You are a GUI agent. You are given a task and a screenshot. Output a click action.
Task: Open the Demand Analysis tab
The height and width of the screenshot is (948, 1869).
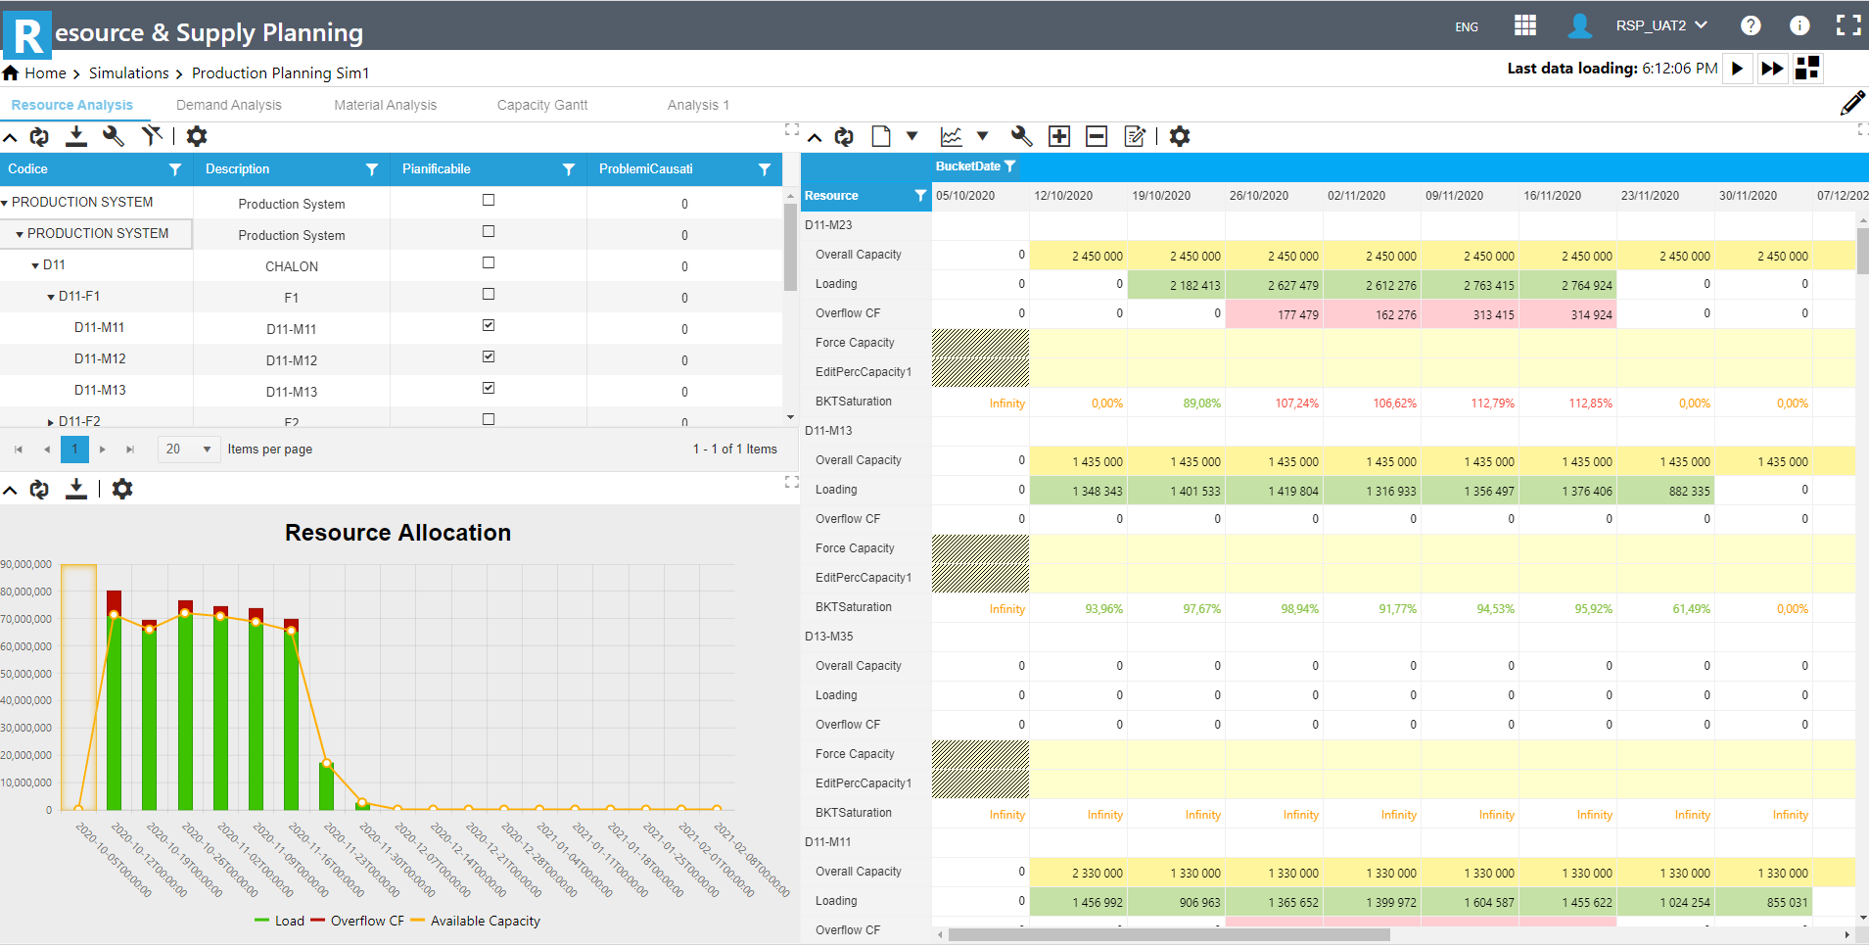tap(228, 105)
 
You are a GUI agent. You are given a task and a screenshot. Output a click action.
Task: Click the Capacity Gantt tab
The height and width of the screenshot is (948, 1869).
tap(541, 105)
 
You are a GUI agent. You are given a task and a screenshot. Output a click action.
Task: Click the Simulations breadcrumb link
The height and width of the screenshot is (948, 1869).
tap(128, 73)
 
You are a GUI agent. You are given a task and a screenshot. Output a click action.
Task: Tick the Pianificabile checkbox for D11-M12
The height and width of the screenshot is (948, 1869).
tap(489, 356)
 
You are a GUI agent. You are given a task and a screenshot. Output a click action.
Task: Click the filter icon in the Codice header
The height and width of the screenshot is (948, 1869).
tap(175, 169)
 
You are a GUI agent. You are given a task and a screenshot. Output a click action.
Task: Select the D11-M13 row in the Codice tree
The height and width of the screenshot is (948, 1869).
tap(100, 390)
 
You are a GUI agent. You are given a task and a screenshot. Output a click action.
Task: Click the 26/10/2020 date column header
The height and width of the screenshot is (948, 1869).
tap(1258, 196)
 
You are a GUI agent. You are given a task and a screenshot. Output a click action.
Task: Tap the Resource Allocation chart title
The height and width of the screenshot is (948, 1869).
tap(397, 533)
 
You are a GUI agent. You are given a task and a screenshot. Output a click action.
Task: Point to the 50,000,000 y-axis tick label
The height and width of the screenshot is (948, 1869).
tap(26, 674)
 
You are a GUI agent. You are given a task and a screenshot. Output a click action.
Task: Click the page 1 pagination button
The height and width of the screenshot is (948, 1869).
tap(74, 449)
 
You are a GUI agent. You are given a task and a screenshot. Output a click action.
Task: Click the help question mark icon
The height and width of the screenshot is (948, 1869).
tap(1751, 25)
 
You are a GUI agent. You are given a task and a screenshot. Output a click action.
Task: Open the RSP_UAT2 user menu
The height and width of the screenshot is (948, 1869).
tap(1660, 25)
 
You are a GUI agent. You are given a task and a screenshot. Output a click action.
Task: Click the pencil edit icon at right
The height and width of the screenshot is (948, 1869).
tap(1851, 104)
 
